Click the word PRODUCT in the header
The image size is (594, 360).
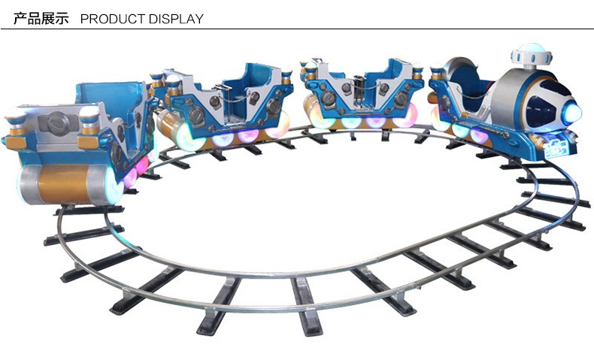(113, 19)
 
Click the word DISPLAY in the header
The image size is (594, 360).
(176, 19)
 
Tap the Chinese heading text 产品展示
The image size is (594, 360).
(41, 19)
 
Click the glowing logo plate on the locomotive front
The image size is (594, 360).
(555, 150)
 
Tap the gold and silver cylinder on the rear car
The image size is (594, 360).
(66, 184)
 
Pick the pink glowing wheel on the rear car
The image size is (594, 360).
(131, 177)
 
